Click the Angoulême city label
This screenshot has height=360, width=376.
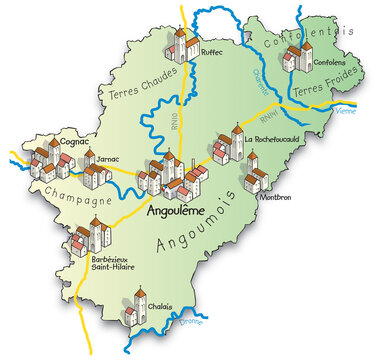click(176, 211)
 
